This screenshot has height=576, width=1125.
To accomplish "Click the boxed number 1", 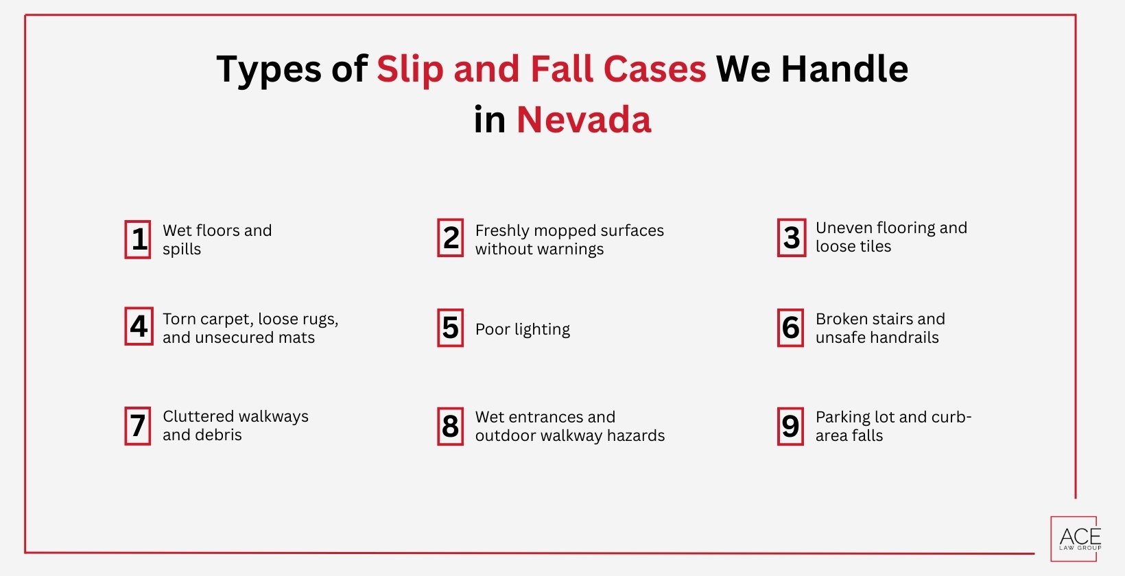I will pyautogui.click(x=138, y=239).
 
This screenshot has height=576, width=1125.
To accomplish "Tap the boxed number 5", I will pyautogui.click(x=451, y=328).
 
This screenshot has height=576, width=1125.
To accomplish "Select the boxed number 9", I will pyautogui.click(x=790, y=427).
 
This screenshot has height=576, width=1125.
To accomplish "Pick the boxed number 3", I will pyautogui.click(x=792, y=238).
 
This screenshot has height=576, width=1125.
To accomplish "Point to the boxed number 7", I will pyautogui.click(x=138, y=426).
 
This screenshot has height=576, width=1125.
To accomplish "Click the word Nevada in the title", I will pyautogui.click(x=584, y=120).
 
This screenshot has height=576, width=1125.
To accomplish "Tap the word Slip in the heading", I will pyautogui.click(x=410, y=69).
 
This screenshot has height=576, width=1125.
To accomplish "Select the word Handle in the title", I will pyautogui.click(x=844, y=69).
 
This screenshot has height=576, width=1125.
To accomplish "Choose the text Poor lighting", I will pyautogui.click(x=523, y=329).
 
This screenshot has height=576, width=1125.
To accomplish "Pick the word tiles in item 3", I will pyautogui.click(x=873, y=246).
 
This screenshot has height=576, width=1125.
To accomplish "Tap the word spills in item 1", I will pyautogui.click(x=182, y=249).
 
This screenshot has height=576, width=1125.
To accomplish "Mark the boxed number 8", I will pyautogui.click(x=451, y=427).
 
